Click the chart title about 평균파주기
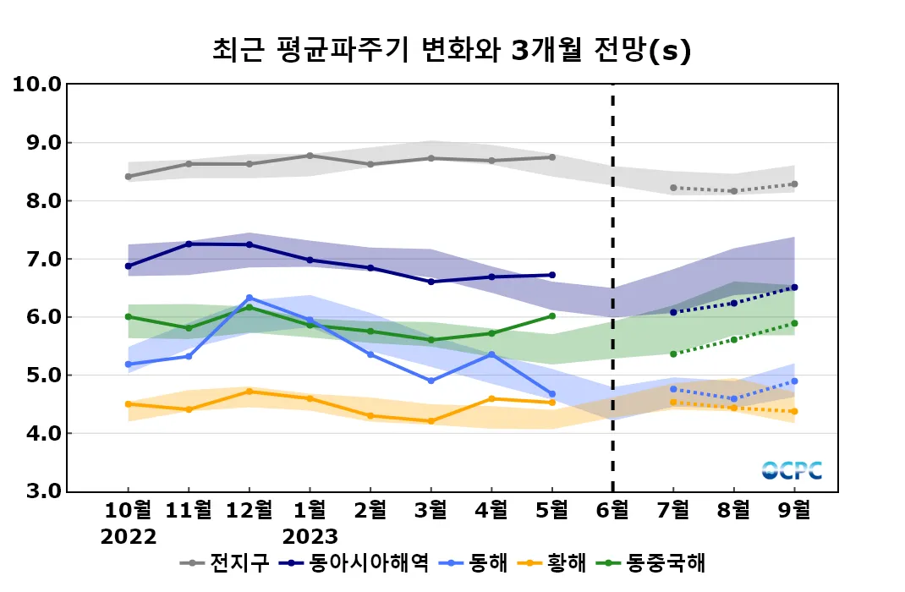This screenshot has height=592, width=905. (x=452, y=51)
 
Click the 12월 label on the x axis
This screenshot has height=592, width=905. (x=249, y=510)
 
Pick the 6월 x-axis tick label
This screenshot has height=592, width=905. (x=612, y=510)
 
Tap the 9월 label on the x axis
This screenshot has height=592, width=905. (x=794, y=510)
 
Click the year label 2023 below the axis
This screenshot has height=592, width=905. (x=310, y=536)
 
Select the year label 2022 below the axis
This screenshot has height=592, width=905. (x=128, y=536)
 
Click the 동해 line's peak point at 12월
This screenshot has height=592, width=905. (x=249, y=298)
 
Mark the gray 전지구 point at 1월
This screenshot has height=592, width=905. (x=310, y=156)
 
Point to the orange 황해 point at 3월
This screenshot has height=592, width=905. (x=431, y=421)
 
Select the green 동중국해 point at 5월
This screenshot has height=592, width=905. (x=551, y=315)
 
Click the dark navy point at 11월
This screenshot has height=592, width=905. (x=189, y=244)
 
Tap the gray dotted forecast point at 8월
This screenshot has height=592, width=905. (x=733, y=191)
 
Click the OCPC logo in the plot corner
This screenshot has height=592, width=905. (x=791, y=470)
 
